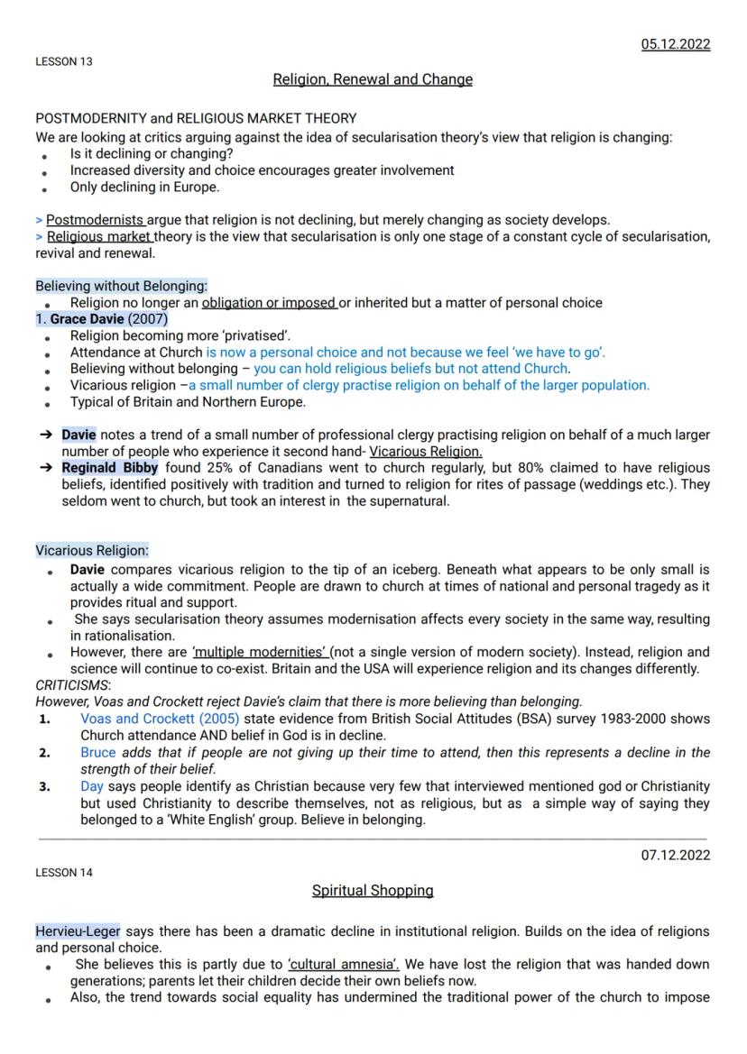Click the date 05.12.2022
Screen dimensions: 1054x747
[x=675, y=44]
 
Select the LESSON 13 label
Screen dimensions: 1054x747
[x=63, y=62]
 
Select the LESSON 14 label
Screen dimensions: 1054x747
[x=63, y=873]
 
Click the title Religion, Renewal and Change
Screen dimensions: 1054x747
[x=373, y=79]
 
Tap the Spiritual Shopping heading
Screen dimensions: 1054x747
[x=373, y=890]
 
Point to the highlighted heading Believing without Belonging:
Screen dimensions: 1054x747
[x=121, y=286]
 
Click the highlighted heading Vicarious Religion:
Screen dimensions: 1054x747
[x=92, y=550]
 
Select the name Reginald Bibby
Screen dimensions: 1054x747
[x=109, y=468]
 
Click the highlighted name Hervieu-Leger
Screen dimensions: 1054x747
[x=78, y=930]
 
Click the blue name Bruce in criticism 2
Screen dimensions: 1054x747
[x=98, y=752]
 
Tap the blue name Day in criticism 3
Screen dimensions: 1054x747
[x=92, y=786]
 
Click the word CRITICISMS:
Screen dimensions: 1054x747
[x=69, y=685]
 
